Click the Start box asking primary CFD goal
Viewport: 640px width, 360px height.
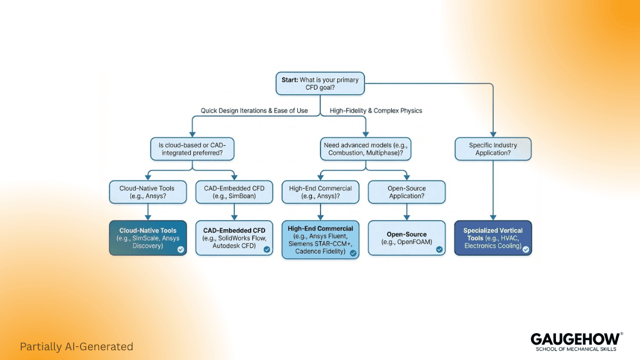point(320,83)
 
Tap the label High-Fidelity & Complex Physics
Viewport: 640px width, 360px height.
point(376,110)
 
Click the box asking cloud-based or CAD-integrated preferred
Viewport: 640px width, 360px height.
point(193,149)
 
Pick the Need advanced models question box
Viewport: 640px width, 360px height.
point(365,149)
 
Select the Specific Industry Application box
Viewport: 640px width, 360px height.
point(493,149)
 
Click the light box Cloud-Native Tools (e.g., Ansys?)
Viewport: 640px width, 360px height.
point(148,191)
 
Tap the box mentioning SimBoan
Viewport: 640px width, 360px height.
point(234,191)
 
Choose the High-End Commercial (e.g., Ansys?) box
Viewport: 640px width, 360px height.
point(320,191)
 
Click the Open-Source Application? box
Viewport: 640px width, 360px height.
point(406,191)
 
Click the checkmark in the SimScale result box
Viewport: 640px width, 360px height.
point(181,249)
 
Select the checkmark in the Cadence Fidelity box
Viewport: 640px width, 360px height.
point(353,253)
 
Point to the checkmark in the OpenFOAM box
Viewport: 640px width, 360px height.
point(439,249)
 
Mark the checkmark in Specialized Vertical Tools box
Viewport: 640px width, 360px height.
point(525,249)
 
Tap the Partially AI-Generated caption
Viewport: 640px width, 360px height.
point(76,346)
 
